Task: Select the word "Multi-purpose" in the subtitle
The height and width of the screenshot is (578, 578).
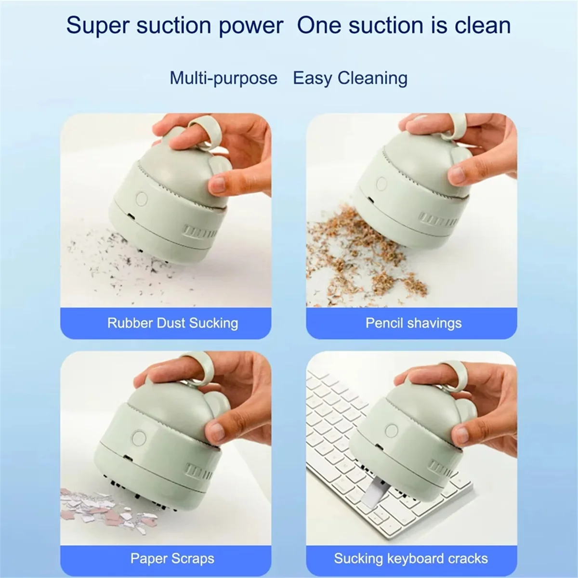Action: [x=223, y=78]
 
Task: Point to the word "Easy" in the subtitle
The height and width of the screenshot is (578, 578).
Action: [x=312, y=78]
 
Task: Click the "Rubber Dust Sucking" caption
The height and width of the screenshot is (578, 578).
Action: [x=172, y=323]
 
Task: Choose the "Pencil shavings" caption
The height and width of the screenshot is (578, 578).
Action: [x=413, y=323]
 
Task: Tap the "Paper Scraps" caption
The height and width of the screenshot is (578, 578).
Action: [x=172, y=559]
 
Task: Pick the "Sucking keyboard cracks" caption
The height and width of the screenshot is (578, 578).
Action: [x=411, y=559]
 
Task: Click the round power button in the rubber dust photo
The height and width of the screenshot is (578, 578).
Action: [x=142, y=199]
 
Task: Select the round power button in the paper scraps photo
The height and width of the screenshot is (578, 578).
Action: [x=140, y=437]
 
